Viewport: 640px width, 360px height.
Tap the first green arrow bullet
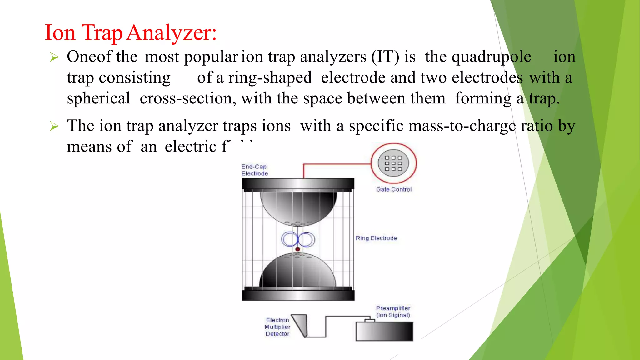pyautogui.click(x=54, y=57)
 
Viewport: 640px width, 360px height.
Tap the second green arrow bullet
pyautogui.click(x=54, y=126)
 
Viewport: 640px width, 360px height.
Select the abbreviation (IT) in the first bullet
pyautogui.click(x=385, y=57)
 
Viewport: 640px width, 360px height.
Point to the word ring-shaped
pyautogui.click(x=270, y=78)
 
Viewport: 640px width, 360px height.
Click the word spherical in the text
pyautogui.click(x=98, y=98)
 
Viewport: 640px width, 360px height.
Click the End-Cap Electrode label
pyautogui.click(x=254, y=170)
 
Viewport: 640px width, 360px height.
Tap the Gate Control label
pyautogui.click(x=394, y=189)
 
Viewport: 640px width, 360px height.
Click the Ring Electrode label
pyautogui.click(x=376, y=238)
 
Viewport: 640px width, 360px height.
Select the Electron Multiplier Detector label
pyautogui.click(x=277, y=327)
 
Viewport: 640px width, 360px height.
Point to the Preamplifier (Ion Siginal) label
pyautogui.click(x=393, y=312)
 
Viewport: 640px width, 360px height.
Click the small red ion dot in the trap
pyautogui.click(x=298, y=249)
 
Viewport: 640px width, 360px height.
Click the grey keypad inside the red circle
pyautogui.click(x=393, y=163)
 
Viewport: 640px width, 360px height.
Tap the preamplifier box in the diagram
pyautogui.click(x=384, y=332)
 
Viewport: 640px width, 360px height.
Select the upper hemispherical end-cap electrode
pyautogui.click(x=298, y=206)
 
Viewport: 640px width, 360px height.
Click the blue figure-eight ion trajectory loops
pyautogui.click(x=298, y=240)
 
